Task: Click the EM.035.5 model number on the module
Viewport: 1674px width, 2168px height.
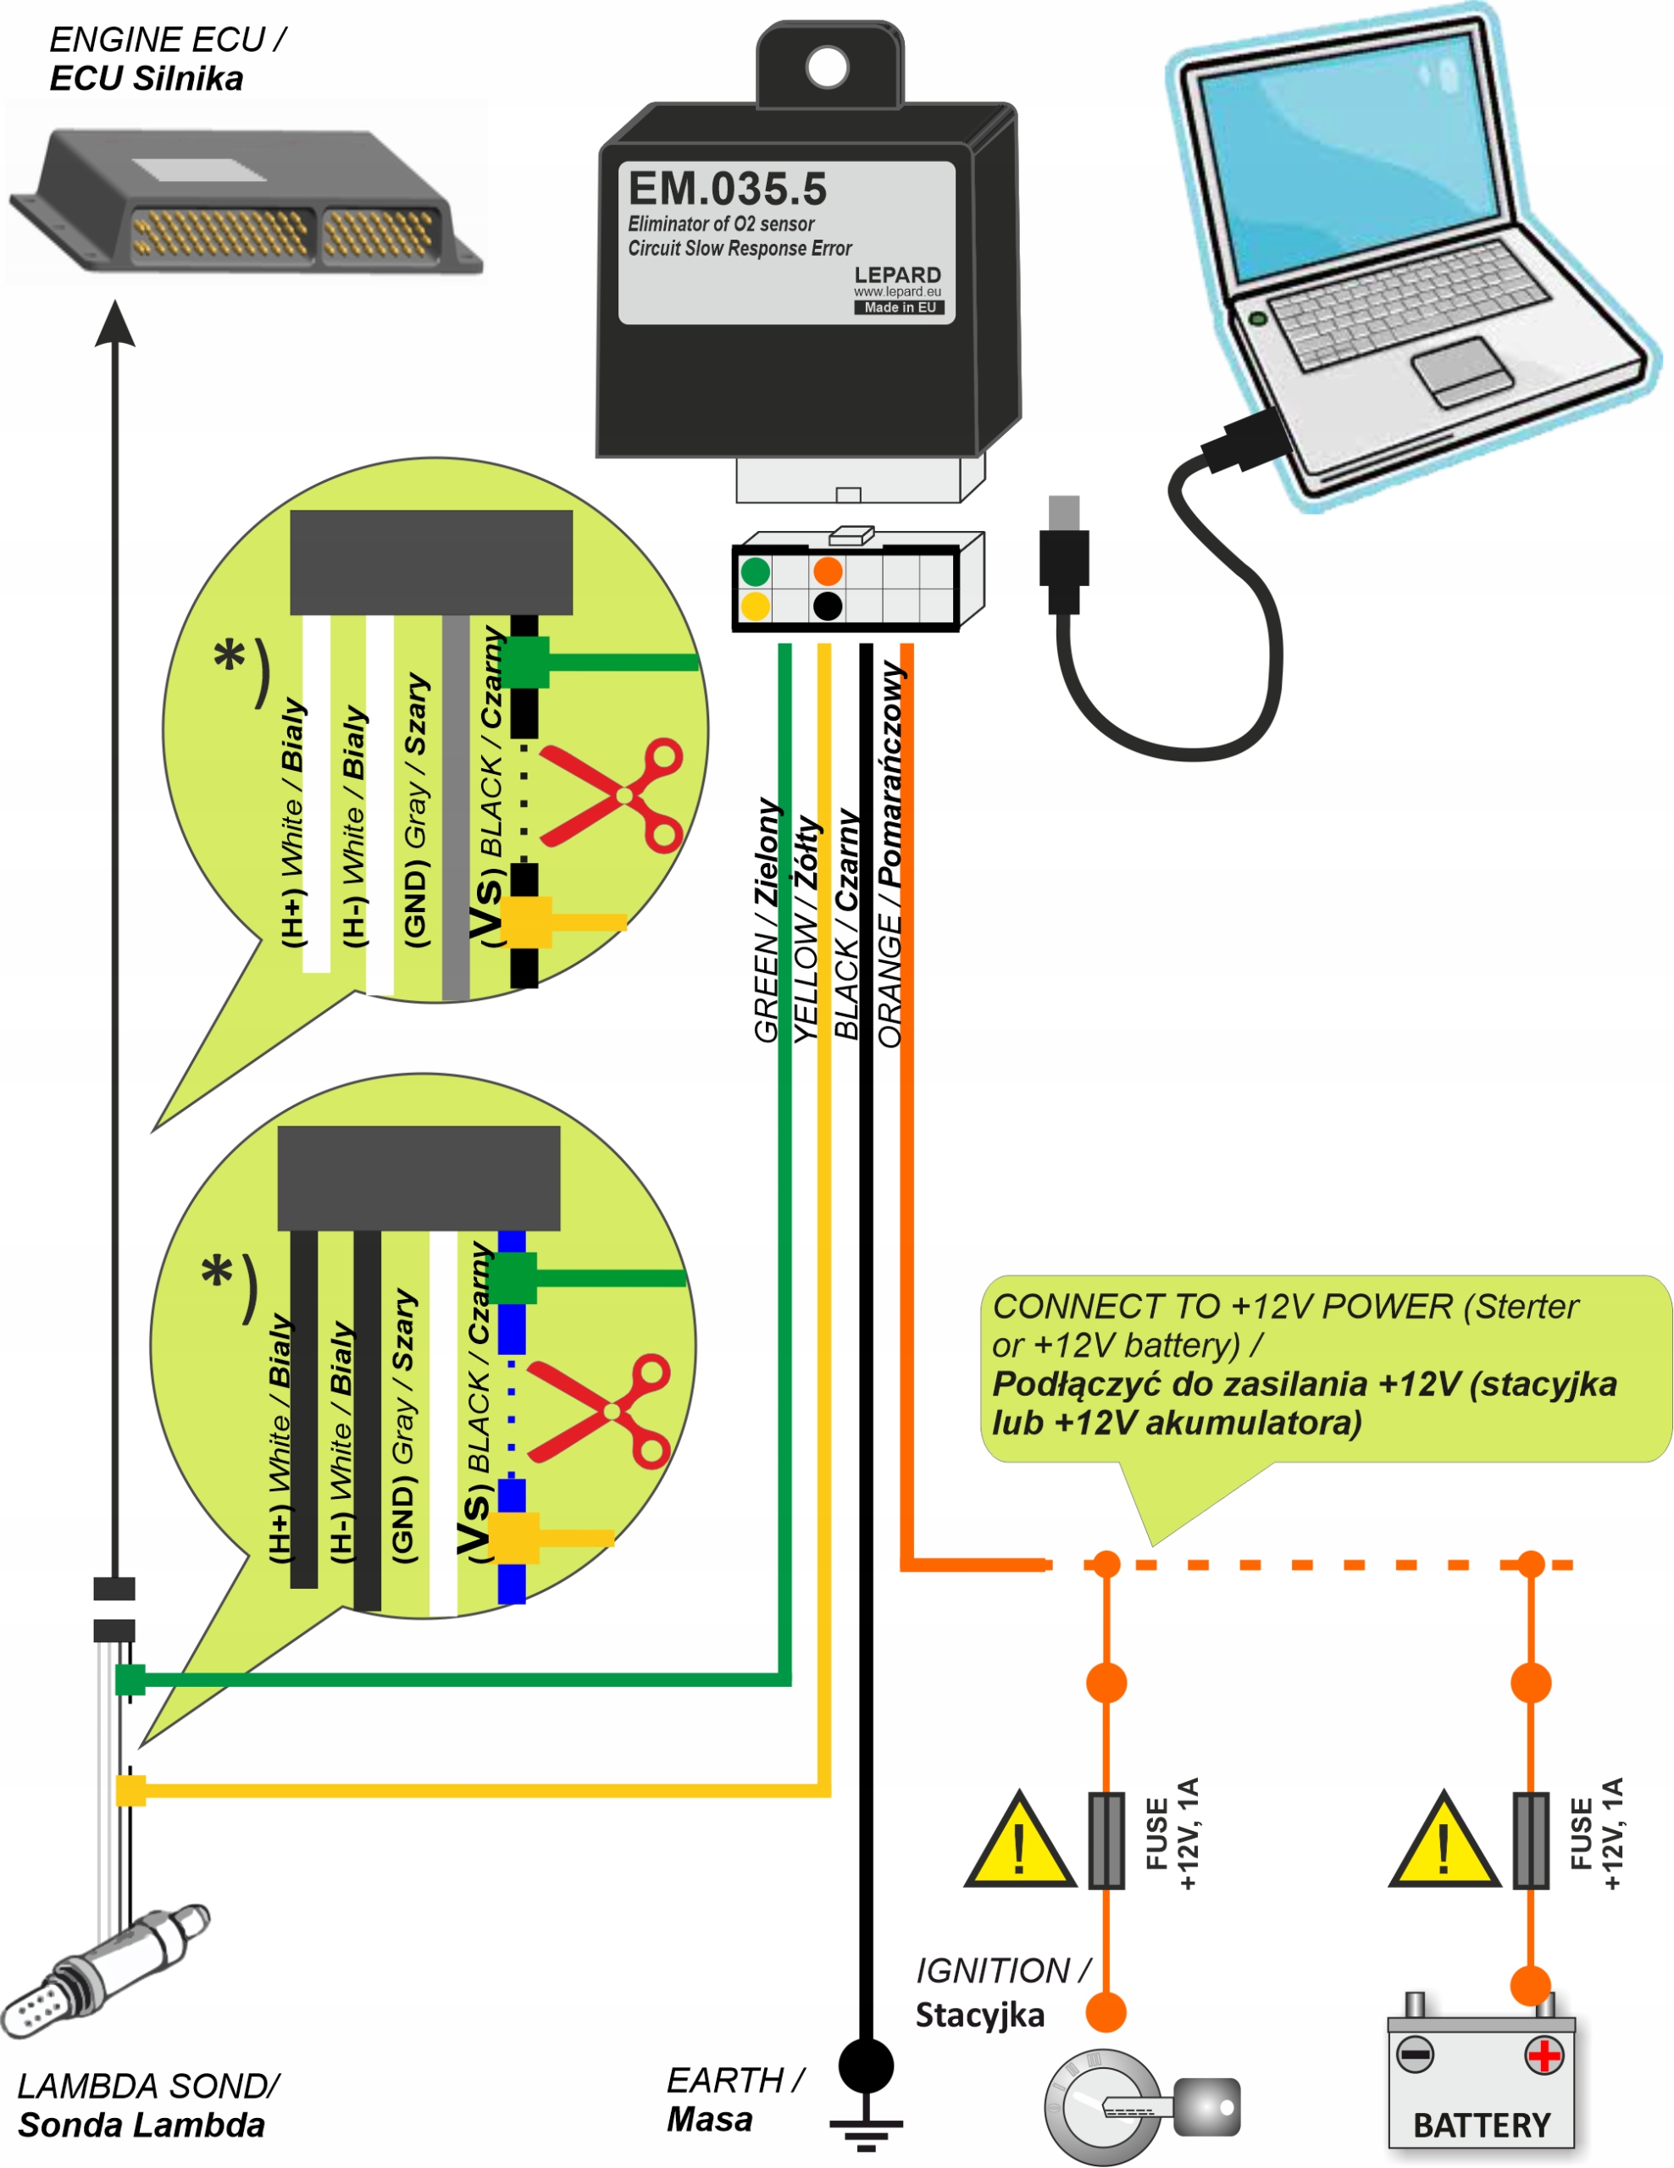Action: click(x=727, y=189)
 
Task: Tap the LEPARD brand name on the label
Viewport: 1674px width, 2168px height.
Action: click(x=896, y=275)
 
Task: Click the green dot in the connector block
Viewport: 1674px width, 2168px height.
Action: click(x=756, y=571)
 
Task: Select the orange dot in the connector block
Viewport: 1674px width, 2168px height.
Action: click(x=827, y=571)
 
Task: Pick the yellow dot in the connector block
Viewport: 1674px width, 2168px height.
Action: click(x=756, y=606)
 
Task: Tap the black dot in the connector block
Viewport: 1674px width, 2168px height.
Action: click(x=827, y=606)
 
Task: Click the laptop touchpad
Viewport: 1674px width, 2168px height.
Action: click(x=1461, y=370)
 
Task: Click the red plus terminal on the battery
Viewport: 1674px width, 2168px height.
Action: click(x=1544, y=2055)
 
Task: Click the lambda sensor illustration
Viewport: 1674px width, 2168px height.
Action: click(x=99, y=1976)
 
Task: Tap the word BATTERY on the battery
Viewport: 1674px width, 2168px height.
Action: click(x=1482, y=2126)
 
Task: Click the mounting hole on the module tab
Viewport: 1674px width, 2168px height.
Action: click(x=827, y=67)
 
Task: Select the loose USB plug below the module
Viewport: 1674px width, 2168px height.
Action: click(x=1063, y=556)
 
